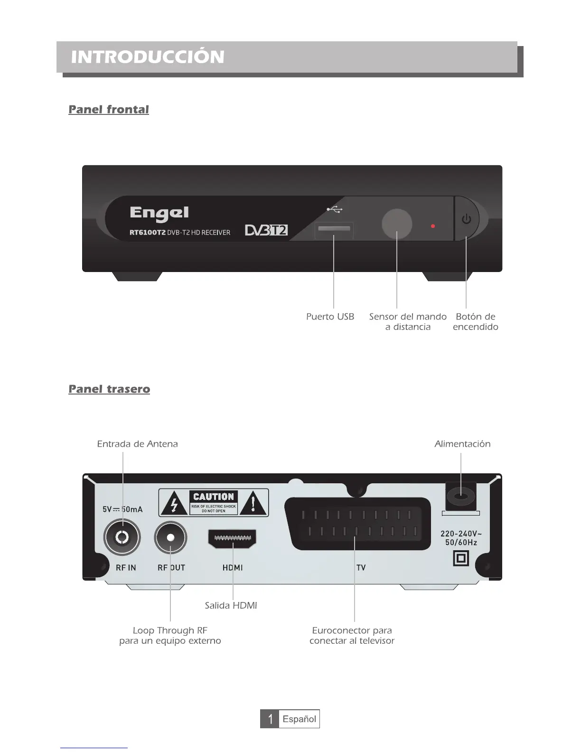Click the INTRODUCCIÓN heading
148,57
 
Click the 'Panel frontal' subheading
109,110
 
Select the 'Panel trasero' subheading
109,389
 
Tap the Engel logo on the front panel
159,213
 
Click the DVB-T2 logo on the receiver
266,230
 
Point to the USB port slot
334,229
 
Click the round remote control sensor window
397,223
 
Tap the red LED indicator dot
433,226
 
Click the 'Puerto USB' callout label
330,317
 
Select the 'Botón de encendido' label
476,322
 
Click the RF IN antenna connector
122,537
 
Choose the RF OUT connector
170,537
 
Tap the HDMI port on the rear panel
232,538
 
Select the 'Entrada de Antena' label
138,444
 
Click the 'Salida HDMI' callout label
231,606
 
